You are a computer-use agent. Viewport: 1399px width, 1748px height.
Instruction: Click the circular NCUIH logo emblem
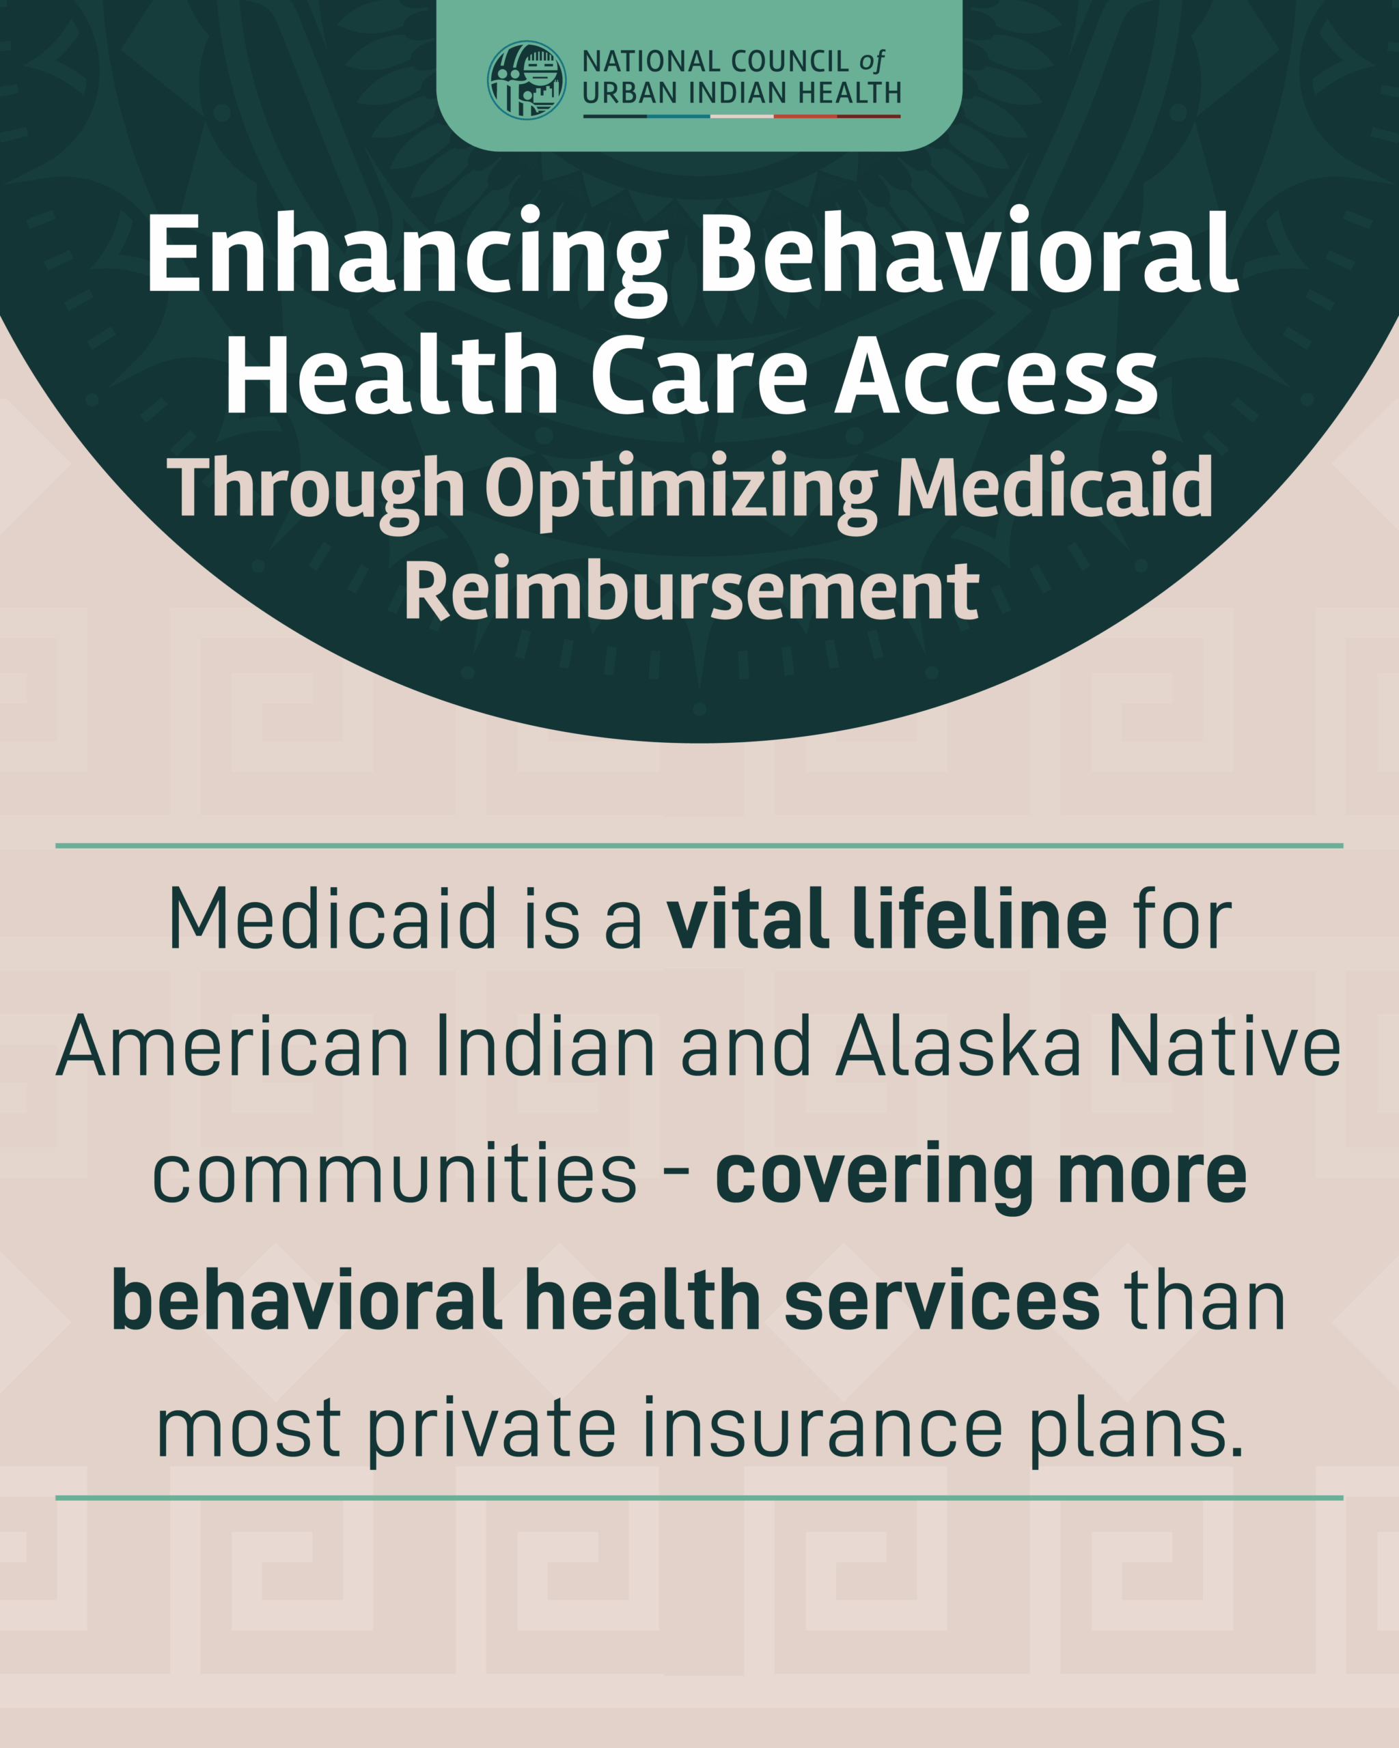[527, 81]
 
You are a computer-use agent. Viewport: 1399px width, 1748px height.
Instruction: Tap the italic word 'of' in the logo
[872, 61]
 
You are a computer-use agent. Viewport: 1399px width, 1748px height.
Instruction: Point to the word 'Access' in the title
[997, 376]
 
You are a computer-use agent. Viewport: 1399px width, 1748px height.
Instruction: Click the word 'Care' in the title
[699, 376]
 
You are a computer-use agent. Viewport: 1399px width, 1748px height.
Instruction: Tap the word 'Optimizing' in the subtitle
[681, 490]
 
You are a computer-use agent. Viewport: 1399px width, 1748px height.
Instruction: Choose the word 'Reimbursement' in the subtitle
[691, 589]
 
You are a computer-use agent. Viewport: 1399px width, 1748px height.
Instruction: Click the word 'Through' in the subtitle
[316, 490]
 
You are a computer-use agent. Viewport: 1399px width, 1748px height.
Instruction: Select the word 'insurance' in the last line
[823, 1429]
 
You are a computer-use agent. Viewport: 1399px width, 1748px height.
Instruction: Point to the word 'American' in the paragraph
[233, 1047]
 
